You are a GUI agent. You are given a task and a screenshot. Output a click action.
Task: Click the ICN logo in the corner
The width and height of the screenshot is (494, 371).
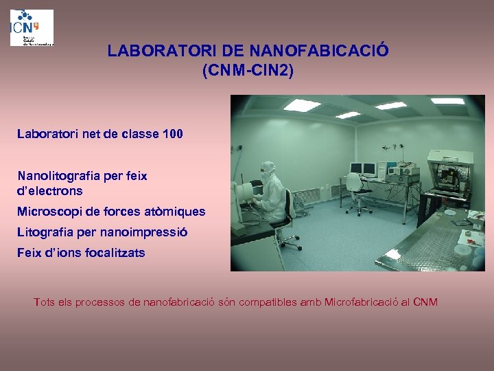32,27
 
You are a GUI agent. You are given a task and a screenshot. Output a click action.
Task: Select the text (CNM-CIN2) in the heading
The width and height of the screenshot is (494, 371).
248,70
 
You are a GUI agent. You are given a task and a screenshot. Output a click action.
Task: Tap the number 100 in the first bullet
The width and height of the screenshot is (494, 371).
173,134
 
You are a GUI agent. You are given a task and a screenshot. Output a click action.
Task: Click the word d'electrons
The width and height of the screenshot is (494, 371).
49,191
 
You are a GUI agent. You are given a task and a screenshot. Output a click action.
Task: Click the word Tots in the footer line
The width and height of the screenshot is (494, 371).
45,302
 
